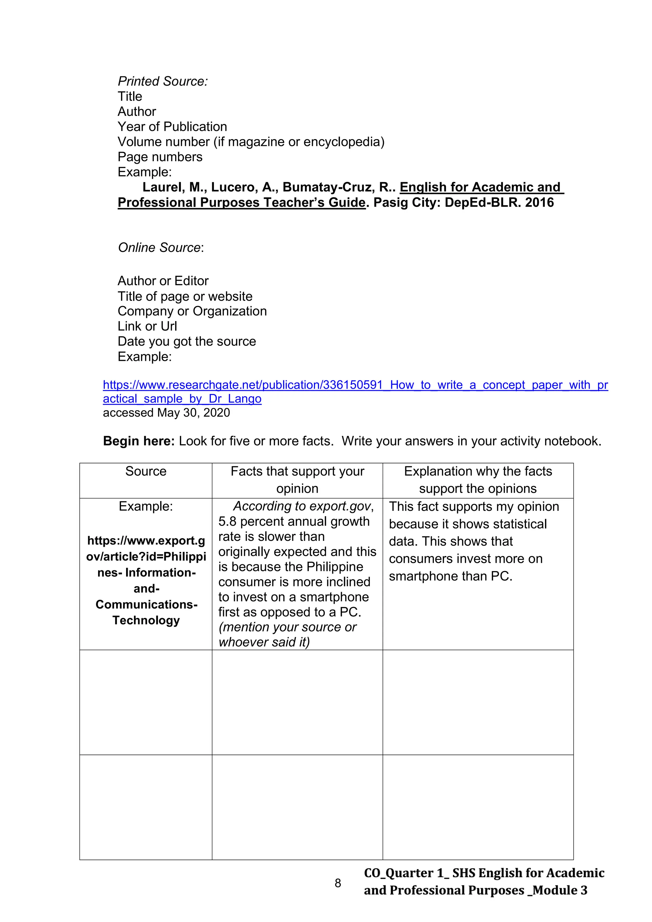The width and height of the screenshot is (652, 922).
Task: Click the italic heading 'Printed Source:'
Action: point(163,82)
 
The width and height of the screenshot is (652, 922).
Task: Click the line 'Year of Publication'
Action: point(172,127)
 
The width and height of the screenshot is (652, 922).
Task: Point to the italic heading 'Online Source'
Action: point(159,248)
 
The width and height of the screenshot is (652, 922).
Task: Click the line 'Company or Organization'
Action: point(192,311)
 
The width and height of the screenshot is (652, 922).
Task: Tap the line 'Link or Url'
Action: point(147,326)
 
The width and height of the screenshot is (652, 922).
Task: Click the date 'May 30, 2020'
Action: point(194,413)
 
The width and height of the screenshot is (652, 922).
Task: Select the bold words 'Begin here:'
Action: point(138,441)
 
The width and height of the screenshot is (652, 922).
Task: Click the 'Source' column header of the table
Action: point(146,471)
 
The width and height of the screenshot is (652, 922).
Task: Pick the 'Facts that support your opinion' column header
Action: point(297,480)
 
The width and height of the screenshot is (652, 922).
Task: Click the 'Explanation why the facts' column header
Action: point(478,471)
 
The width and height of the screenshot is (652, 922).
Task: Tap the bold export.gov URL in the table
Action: point(146,580)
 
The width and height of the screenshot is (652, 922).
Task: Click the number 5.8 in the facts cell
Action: point(227,522)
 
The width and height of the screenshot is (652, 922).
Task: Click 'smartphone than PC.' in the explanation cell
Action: point(450,576)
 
